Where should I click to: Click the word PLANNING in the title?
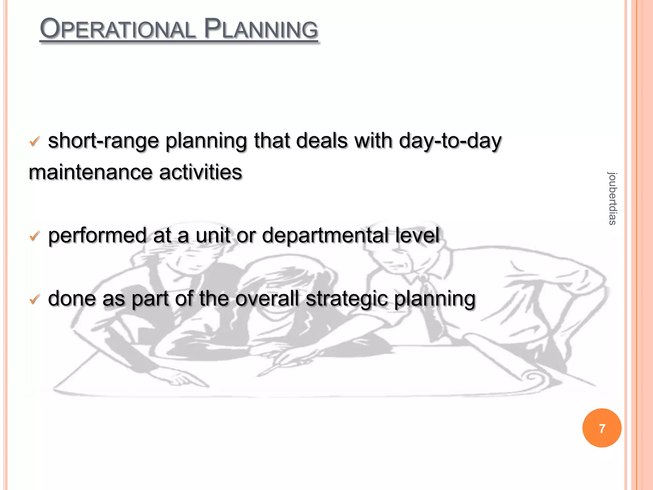click(x=261, y=29)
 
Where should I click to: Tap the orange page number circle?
click(x=602, y=428)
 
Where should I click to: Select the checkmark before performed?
click(x=34, y=236)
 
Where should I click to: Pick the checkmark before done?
click(x=34, y=299)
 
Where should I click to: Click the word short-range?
click(x=103, y=141)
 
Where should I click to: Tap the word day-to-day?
click(x=450, y=141)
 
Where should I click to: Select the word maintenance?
click(x=90, y=172)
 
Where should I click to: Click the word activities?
click(x=201, y=172)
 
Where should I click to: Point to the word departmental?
click(x=325, y=235)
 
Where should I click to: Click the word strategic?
click(x=347, y=299)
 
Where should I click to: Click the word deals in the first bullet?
click(x=322, y=141)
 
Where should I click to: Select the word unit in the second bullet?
click(x=213, y=235)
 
